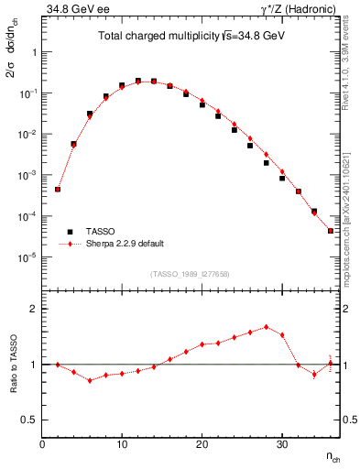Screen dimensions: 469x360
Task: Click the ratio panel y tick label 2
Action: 33,309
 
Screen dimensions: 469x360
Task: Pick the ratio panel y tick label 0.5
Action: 28,420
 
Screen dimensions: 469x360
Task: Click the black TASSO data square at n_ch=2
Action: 58,190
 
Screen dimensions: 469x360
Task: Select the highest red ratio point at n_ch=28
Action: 266,326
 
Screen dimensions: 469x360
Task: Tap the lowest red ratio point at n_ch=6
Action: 90,380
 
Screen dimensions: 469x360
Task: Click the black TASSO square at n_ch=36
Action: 330,231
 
